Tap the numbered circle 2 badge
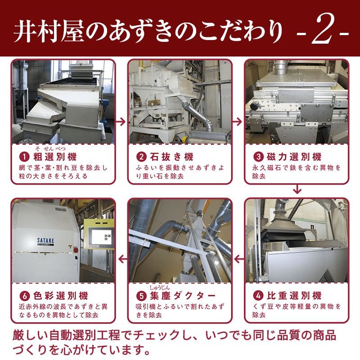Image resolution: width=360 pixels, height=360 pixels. click(141, 157)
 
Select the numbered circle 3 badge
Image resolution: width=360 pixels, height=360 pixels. click(258, 157)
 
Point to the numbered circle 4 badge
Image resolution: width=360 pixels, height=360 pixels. click(258, 296)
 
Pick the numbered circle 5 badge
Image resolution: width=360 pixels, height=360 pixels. click(141, 296)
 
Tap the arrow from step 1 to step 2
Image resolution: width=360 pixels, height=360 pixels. click(121, 121)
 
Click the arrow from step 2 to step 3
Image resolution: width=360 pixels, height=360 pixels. click(237, 121)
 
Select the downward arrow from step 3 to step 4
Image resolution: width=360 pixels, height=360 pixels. click(297, 189)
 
